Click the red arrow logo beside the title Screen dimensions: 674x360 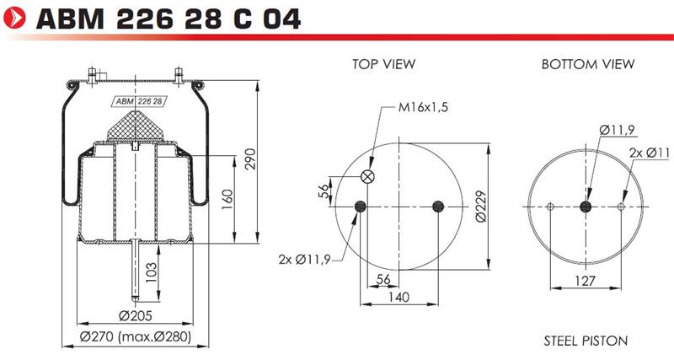(14, 19)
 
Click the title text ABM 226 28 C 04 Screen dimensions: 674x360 (168, 19)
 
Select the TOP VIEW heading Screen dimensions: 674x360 (384, 64)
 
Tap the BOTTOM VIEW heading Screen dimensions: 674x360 (587, 64)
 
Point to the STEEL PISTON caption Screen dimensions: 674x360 (586, 341)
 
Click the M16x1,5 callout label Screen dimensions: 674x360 (423, 107)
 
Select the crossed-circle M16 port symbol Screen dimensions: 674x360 (367, 176)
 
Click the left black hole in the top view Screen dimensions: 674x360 (361, 207)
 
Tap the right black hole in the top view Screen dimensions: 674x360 (437, 207)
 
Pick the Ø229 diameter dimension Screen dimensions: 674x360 (481, 207)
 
